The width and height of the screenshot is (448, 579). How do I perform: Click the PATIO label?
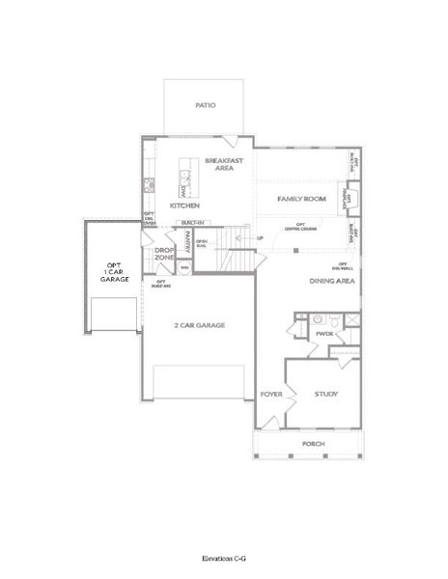coord(205,105)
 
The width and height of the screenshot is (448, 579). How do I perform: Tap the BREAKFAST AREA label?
coord(223,163)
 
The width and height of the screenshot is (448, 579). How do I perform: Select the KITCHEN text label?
coord(184,206)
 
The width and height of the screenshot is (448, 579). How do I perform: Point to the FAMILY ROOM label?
coord(299,198)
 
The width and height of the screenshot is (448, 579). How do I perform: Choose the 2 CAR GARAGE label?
coord(199,325)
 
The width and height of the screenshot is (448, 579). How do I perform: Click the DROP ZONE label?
coord(164,254)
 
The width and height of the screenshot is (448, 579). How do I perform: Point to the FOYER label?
coord(271,394)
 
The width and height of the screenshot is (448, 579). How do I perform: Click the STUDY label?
coord(325,394)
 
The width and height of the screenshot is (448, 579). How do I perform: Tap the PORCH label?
coord(313,444)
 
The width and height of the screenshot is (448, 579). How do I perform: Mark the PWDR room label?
coord(323,334)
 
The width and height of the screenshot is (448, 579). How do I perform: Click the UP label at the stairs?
coord(259,236)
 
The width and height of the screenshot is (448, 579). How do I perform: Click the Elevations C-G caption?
coord(223,559)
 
